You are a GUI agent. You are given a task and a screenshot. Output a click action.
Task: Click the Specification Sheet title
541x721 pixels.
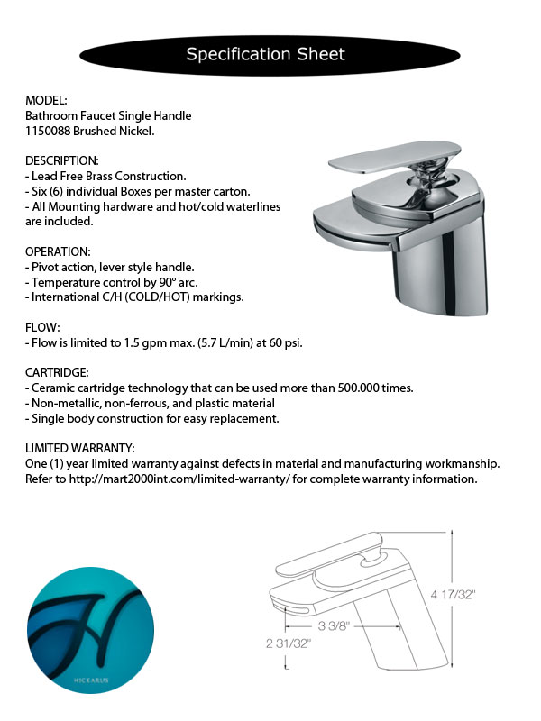[265, 54]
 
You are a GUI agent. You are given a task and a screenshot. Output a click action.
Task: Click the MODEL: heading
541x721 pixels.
[47, 100]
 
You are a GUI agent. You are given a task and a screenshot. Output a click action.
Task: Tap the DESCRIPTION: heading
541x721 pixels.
[62, 160]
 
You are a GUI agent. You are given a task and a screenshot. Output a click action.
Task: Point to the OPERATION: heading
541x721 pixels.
[59, 251]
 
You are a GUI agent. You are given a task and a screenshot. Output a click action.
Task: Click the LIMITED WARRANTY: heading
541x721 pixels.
[80, 448]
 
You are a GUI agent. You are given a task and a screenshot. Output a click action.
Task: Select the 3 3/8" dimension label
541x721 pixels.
[333, 625]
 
